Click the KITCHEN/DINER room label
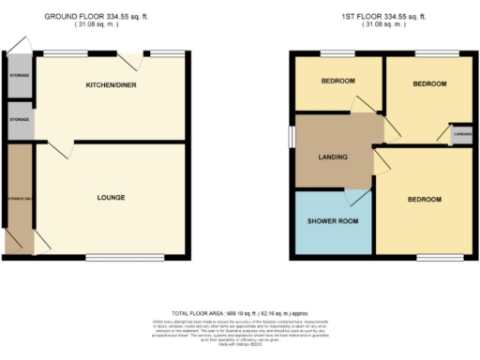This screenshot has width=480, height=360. (x=110, y=85)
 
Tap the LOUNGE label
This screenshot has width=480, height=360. (x=111, y=197)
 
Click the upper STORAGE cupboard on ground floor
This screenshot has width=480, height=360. (x=18, y=76)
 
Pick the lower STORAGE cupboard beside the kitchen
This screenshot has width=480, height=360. (x=18, y=120)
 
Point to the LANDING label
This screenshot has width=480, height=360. (x=333, y=157)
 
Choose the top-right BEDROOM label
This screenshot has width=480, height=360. (x=429, y=84)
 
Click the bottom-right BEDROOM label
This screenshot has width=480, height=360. (x=424, y=200)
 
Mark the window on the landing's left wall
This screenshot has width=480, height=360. (x=291, y=137)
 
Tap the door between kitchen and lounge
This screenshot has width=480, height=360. (x=56, y=148)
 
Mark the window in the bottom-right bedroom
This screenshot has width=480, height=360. (x=427, y=255)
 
